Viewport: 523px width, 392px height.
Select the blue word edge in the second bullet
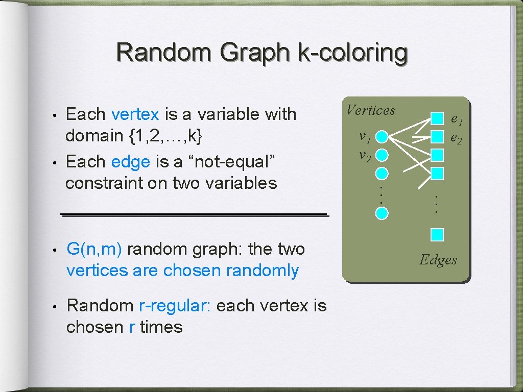click(x=130, y=162)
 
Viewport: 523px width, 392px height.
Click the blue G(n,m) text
click(x=94, y=249)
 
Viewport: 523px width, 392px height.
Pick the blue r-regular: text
click(x=175, y=306)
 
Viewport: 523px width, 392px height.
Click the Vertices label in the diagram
click(x=371, y=110)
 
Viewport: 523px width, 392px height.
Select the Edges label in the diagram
click(x=438, y=260)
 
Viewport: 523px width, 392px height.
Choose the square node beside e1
click(x=437, y=118)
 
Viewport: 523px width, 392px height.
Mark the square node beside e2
click(x=437, y=136)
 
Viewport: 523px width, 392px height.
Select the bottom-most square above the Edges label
click(x=437, y=235)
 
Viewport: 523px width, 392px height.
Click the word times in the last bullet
click(x=161, y=327)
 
